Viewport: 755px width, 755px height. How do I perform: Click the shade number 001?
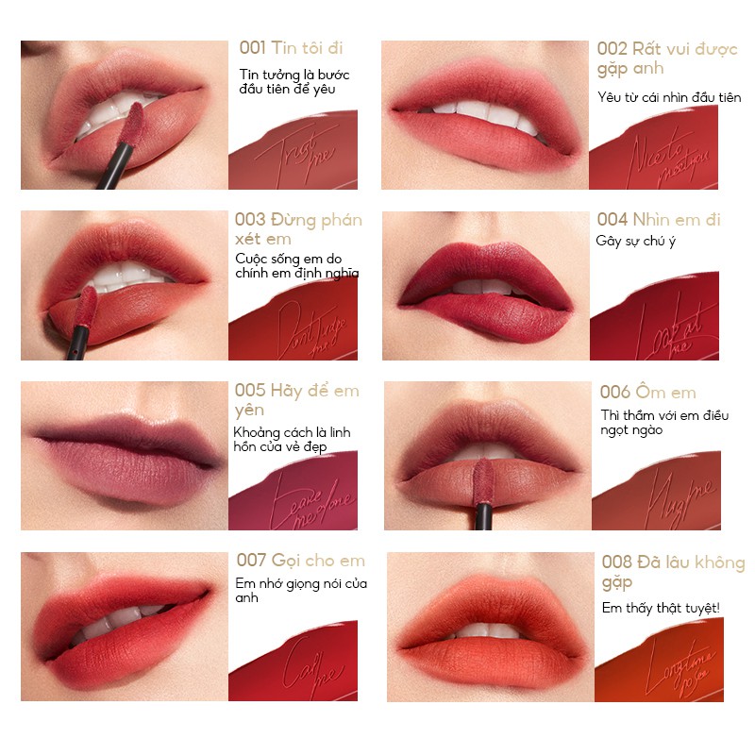coord(250,48)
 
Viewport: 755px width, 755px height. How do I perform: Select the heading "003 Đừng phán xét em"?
coord(298,229)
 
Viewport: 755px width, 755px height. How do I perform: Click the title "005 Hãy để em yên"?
coord(296,400)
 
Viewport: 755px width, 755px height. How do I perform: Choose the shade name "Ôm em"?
coord(679,393)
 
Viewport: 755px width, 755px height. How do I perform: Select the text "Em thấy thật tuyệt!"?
coord(661,608)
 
